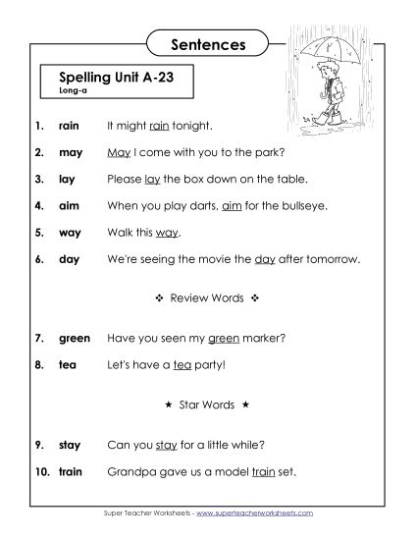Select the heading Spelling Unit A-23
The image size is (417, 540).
pos(108,76)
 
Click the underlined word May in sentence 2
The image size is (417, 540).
pos(118,153)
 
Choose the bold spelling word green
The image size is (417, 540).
pos(75,339)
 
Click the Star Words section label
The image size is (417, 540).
pos(207,405)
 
